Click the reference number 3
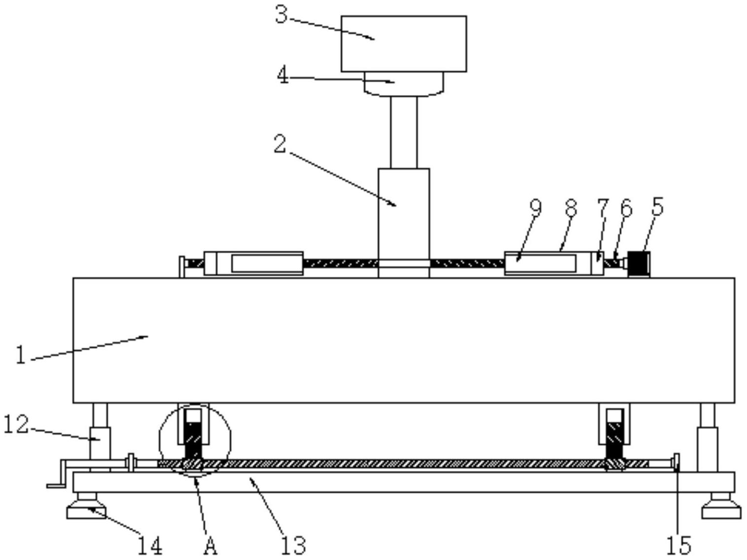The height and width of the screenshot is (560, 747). [x=282, y=16]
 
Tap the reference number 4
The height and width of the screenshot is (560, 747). [x=283, y=75]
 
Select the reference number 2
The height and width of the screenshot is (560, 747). [x=280, y=144]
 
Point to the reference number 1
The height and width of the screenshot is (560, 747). [x=21, y=355]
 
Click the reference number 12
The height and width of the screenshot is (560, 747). [x=16, y=425]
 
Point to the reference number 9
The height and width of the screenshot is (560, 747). [x=535, y=208]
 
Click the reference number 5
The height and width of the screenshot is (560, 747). [x=657, y=206]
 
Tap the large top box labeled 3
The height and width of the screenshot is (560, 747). [x=404, y=44]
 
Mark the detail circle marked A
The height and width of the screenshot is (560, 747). [x=195, y=441]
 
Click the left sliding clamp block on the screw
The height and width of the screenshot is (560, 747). [x=253, y=264]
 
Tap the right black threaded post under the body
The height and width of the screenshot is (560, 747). [x=615, y=442]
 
